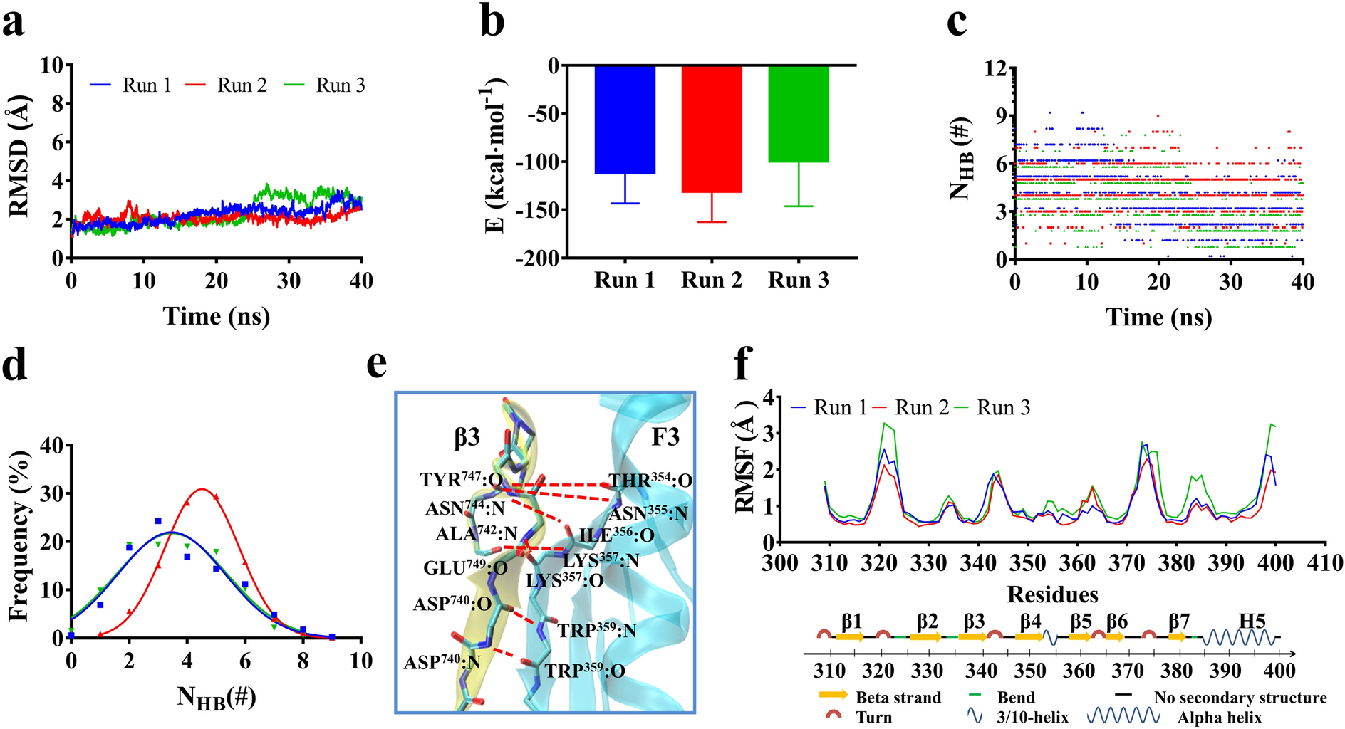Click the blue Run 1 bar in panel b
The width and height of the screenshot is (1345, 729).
(625, 120)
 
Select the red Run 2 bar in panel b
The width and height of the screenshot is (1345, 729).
(712, 129)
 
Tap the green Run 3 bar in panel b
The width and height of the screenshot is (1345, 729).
(799, 114)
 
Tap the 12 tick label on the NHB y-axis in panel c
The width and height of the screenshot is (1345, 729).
(995, 68)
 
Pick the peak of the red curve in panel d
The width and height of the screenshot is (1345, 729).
(202, 489)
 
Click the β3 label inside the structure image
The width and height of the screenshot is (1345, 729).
(467, 437)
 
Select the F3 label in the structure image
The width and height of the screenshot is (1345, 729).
(665, 436)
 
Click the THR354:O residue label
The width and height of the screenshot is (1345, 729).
(650, 481)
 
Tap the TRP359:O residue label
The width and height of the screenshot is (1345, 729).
(584, 671)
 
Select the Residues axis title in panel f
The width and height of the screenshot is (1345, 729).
(1052, 594)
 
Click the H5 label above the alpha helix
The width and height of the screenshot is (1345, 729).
(1252, 621)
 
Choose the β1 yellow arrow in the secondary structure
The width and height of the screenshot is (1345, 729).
(850, 637)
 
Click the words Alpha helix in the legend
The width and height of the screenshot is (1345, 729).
(1219, 718)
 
